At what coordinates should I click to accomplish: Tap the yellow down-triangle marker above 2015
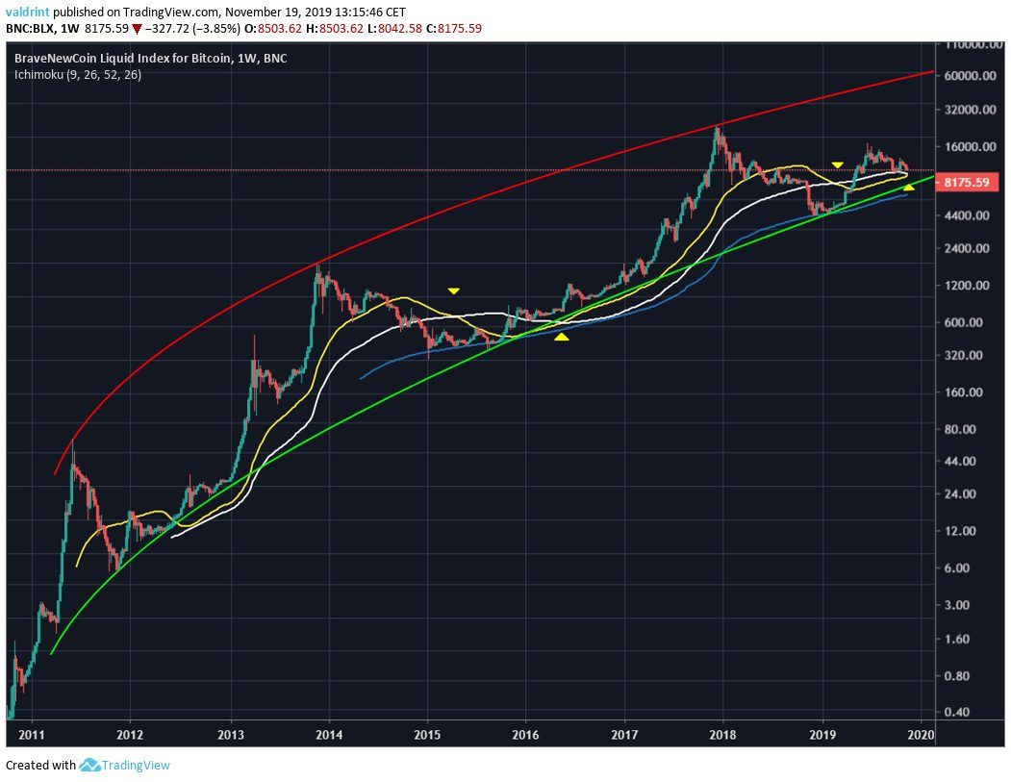click(453, 290)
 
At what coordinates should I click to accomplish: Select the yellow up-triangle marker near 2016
click(562, 337)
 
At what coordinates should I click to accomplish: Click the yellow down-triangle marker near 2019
click(838, 165)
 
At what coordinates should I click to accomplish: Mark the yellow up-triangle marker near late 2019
click(909, 187)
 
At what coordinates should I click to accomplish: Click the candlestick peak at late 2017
click(717, 128)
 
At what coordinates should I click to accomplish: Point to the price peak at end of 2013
click(318, 265)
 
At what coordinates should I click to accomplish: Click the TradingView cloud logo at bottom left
click(89, 766)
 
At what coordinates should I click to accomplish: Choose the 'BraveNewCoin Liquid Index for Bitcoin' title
click(123, 59)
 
